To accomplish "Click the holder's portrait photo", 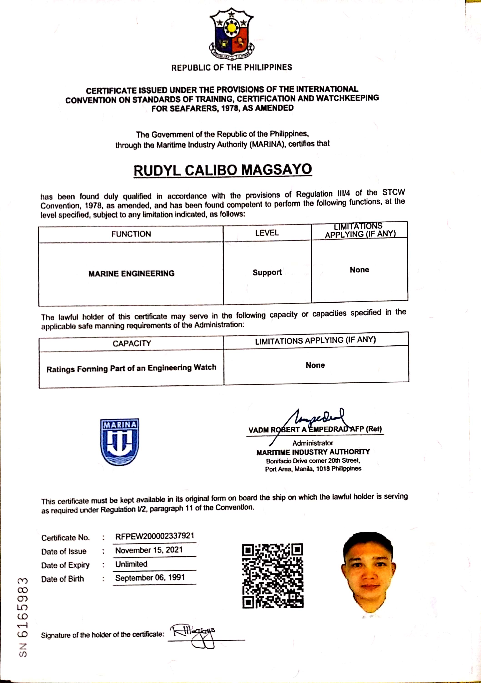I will click(369, 574).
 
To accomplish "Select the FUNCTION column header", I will click(131, 234).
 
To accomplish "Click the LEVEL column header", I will click(267, 233).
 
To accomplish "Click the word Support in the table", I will click(267, 272).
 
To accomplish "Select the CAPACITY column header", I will click(132, 344).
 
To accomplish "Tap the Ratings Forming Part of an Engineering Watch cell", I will click(131, 368).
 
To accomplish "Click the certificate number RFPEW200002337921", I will click(155, 536).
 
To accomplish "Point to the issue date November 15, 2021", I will click(149, 550).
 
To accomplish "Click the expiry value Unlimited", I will click(131, 564).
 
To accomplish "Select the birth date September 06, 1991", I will click(150, 578).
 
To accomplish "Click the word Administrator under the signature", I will click(313, 443).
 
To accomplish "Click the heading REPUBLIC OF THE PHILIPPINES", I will click(231, 68).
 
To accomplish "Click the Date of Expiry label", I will click(65, 565).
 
